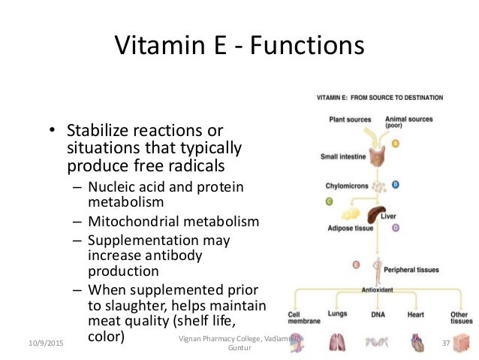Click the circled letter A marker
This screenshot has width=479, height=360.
click(395, 143)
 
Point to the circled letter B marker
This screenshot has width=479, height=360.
click(395, 183)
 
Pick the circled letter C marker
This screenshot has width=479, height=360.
click(328, 201)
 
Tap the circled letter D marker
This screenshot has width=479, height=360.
click(395, 227)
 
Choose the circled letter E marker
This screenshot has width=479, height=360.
click(356, 264)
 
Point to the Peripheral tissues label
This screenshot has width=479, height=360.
click(411, 269)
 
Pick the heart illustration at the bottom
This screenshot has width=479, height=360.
click(418, 342)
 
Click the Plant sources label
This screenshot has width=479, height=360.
click(351, 119)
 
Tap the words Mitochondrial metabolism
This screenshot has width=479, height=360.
click(173, 222)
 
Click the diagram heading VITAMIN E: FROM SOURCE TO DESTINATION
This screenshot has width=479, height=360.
click(379, 98)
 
